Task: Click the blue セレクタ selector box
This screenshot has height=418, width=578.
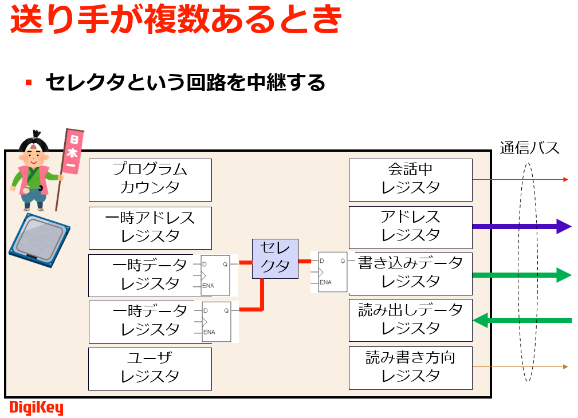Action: point(275,258)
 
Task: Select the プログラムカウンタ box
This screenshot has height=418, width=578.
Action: point(150,179)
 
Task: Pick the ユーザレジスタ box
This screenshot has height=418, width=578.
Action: point(150,368)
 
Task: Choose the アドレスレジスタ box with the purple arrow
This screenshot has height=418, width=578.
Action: point(411,227)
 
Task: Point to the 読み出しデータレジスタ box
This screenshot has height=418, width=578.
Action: point(411,320)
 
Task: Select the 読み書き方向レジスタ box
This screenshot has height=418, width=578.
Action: point(411,368)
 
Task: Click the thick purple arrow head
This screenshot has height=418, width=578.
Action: point(564,227)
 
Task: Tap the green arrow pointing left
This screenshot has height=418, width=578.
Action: point(481,320)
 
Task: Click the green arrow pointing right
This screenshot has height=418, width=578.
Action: point(564,275)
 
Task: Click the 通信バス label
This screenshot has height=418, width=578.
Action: point(529,148)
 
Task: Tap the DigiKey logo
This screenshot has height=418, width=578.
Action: point(36,408)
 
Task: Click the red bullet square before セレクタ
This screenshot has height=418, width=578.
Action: point(29,83)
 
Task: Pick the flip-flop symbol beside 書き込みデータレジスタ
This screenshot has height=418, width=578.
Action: point(332,272)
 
